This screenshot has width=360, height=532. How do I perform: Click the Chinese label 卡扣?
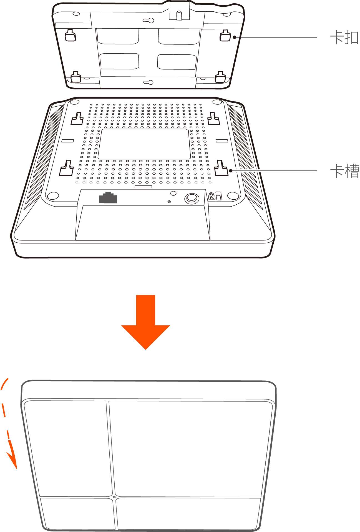344,37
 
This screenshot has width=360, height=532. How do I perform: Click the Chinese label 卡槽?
344,171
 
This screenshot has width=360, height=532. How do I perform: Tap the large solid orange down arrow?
145,322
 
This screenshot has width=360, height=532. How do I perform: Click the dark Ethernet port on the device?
108,197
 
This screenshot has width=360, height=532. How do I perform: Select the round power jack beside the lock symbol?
192,198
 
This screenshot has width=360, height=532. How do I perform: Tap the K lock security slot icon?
212,196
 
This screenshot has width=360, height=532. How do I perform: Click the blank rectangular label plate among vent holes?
144,144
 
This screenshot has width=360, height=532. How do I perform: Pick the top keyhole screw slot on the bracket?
148,21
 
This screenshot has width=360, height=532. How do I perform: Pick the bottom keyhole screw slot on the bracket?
148,82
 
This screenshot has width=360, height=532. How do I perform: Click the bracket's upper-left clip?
70,35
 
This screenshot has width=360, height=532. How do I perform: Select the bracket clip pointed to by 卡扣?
225,36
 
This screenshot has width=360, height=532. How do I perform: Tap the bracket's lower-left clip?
76,77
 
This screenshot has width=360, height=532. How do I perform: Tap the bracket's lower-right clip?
220,77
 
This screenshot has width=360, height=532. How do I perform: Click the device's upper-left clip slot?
77,119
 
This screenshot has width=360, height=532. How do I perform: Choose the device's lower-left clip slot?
67,168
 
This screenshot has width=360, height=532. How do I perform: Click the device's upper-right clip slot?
214,119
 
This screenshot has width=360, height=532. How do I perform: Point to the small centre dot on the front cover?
114,497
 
